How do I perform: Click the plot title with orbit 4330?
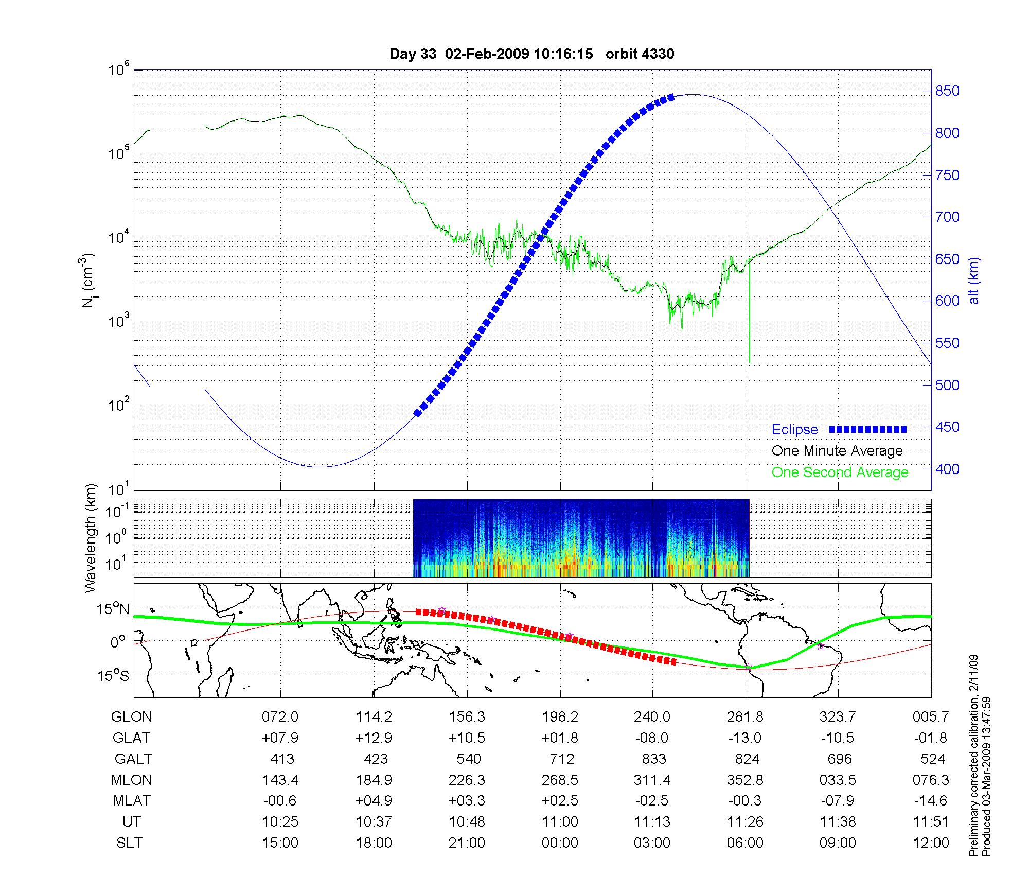pyautogui.click(x=531, y=54)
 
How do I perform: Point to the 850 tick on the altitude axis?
pyautogui.click(x=947, y=91)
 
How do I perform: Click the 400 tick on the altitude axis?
pyautogui.click(x=947, y=469)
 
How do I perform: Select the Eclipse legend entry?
pyautogui.click(x=794, y=430)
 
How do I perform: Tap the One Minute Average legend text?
pyautogui.click(x=837, y=451)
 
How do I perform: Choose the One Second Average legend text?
pyautogui.click(x=840, y=472)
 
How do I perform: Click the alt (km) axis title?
pyautogui.click(x=974, y=281)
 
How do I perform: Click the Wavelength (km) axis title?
pyautogui.click(x=91, y=538)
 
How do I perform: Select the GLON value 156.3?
pyautogui.click(x=467, y=717)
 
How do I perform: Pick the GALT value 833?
pyautogui.click(x=654, y=759)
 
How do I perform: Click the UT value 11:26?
pyautogui.click(x=745, y=822)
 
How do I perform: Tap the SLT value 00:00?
pyautogui.click(x=560, y=843)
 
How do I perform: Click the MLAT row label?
pyautogui.click(x=132, y=801)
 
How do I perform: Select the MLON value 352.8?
pyautogui.click(x=745, y=780)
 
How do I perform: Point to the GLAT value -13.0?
pyautogui.click(x=745, y=738)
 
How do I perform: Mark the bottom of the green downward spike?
pyautogui.click(x=749, y=362)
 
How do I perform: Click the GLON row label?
pyautogui.click(x=132, y=717)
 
